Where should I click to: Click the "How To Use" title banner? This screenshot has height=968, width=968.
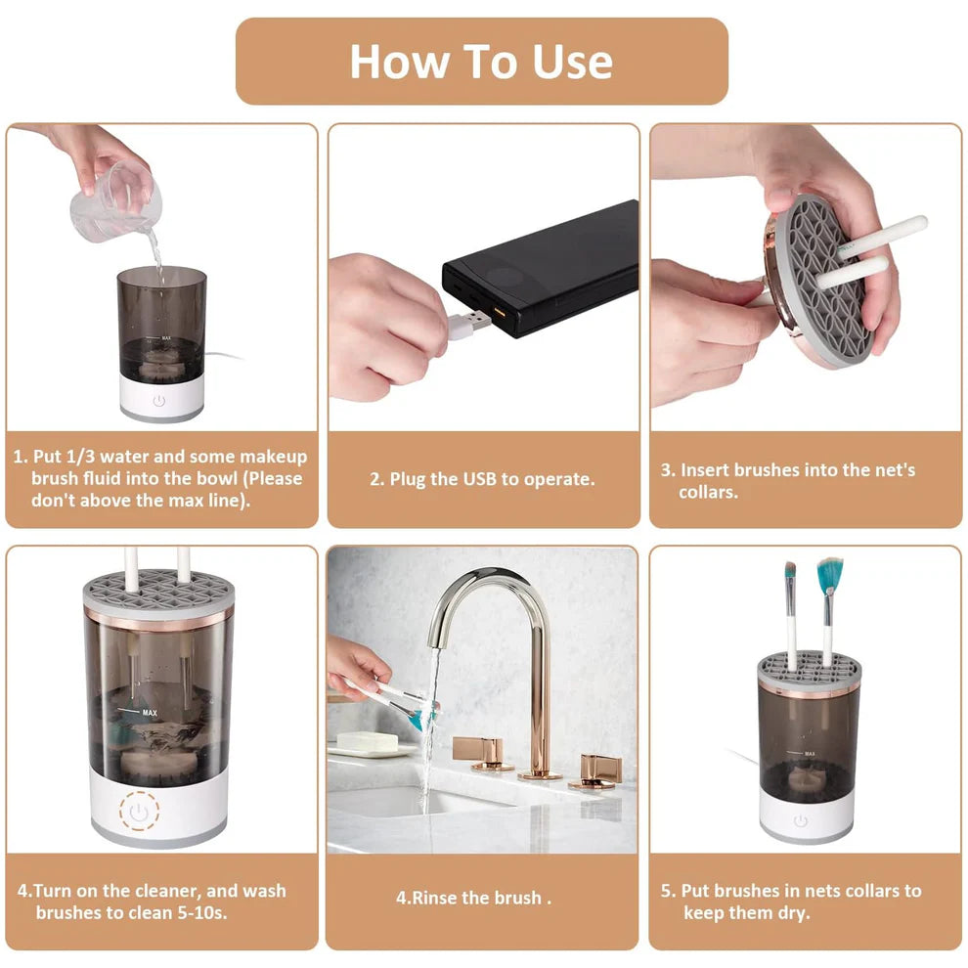[x=481, y=61]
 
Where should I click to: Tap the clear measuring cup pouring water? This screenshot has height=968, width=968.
[x=116, y=202]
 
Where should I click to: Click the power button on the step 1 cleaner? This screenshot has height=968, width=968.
[x=159, y=400]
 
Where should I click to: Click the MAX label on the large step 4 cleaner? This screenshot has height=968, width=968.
[x=149, y=713]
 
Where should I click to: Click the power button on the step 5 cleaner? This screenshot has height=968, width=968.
[x=801, y=821]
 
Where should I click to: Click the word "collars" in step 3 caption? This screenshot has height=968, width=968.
[x=707, y=491]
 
